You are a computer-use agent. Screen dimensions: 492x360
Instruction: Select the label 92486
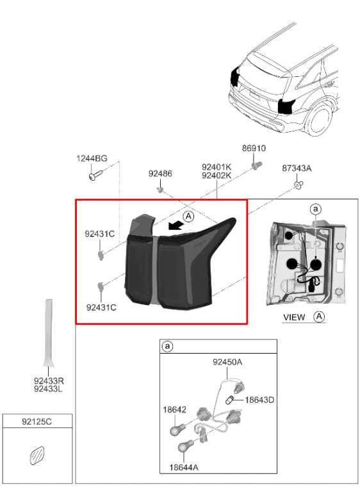160,174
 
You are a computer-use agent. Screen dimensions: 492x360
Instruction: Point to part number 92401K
216,167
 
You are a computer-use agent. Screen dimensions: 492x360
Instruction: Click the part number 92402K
216,176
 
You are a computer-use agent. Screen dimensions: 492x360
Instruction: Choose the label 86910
254,149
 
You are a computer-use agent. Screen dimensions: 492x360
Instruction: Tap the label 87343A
297,168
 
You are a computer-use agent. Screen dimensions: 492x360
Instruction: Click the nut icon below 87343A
298,185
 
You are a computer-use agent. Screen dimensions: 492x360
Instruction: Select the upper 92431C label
99,234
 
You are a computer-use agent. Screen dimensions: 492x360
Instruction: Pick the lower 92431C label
101,307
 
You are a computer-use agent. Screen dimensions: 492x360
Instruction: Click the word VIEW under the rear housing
293,317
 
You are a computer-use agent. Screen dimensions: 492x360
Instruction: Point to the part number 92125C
36,422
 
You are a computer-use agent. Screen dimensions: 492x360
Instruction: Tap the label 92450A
227,363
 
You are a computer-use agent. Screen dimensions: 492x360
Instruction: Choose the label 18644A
184,467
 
